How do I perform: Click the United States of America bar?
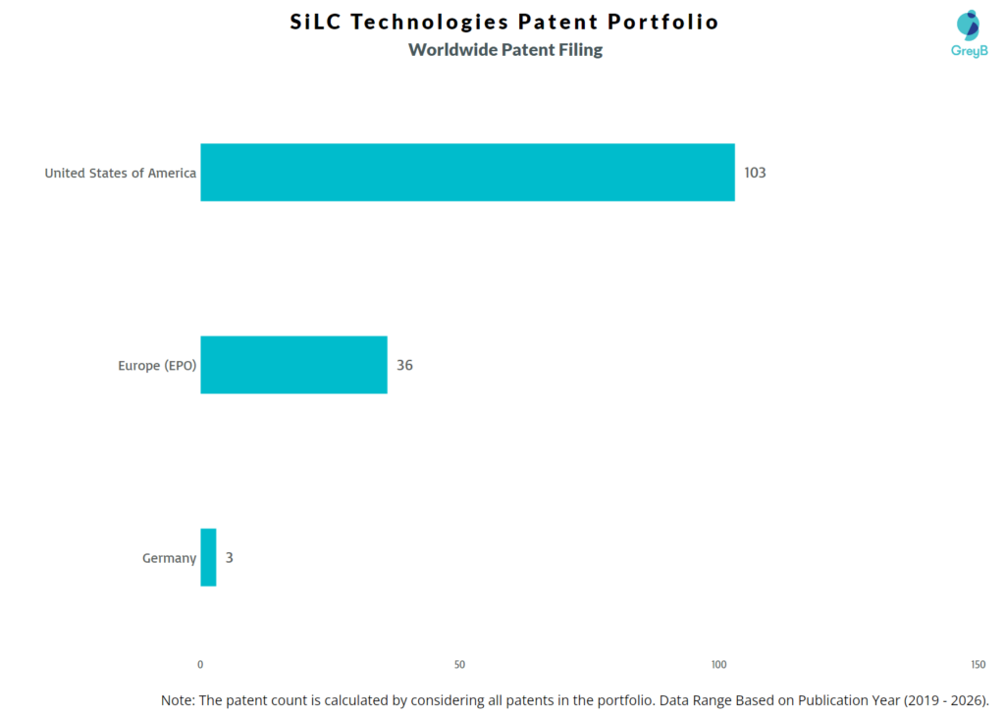pyautogui.click(x=467, y=173)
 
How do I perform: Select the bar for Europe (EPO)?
pyautogui.click(x=293, y=365)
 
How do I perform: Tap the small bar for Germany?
pyautogui.click(x=208, y=557)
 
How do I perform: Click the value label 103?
pyautogui.click(x=755, y=173)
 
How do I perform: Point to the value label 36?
pyautogui.click(x=404, y=365)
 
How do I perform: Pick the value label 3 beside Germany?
pyautogui.click(x=229, y=558)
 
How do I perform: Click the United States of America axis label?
pyautogui.click(x=120, y=174)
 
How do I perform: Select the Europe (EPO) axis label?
pyautogui.click(x=156, y=366)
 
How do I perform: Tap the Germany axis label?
pyautogui.click(x=169, y=558)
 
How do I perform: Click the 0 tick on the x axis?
pyautogui.click(x=200, y=665)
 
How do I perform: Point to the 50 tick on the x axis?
pyautogui.click(x=459, y=665)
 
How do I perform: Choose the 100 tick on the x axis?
pyautogui.click(x=718, y=665)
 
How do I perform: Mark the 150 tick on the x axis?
pyautogui.click(x=978, y=665)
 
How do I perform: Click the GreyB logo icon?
pyautogui.click(x=968, y=25)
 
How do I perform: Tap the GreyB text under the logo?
pyautogui.click(x=969, y=51)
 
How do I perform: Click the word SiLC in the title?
pyautogui.click(x=316, y=22)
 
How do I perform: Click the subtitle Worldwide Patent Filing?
pyautogui.click(x=505, y=50)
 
